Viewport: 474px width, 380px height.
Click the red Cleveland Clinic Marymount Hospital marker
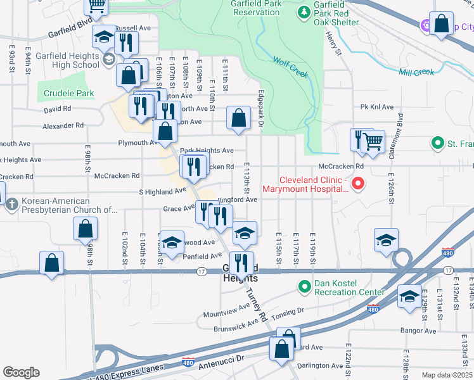pyautogui.click(x=358, y=184)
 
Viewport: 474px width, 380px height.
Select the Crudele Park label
pyautogui.click(x=69, y=94)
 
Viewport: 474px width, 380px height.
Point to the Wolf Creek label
pyautogui.click(x=291, y=67)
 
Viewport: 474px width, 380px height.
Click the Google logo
pyautogui.click(x=21, y=372)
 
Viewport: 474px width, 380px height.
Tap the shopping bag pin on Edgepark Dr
pyautogui.click(x=238, y=118)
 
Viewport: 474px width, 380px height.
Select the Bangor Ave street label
pyautogui.click(x=418, y=331)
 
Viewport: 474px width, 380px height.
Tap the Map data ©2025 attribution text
pyautogui.click(x=447, y=375)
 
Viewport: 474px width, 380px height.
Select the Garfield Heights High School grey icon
pyautogui.click(x=108, y=60)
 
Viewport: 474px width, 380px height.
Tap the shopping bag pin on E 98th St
pyautogui.click(x=85, y=229)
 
